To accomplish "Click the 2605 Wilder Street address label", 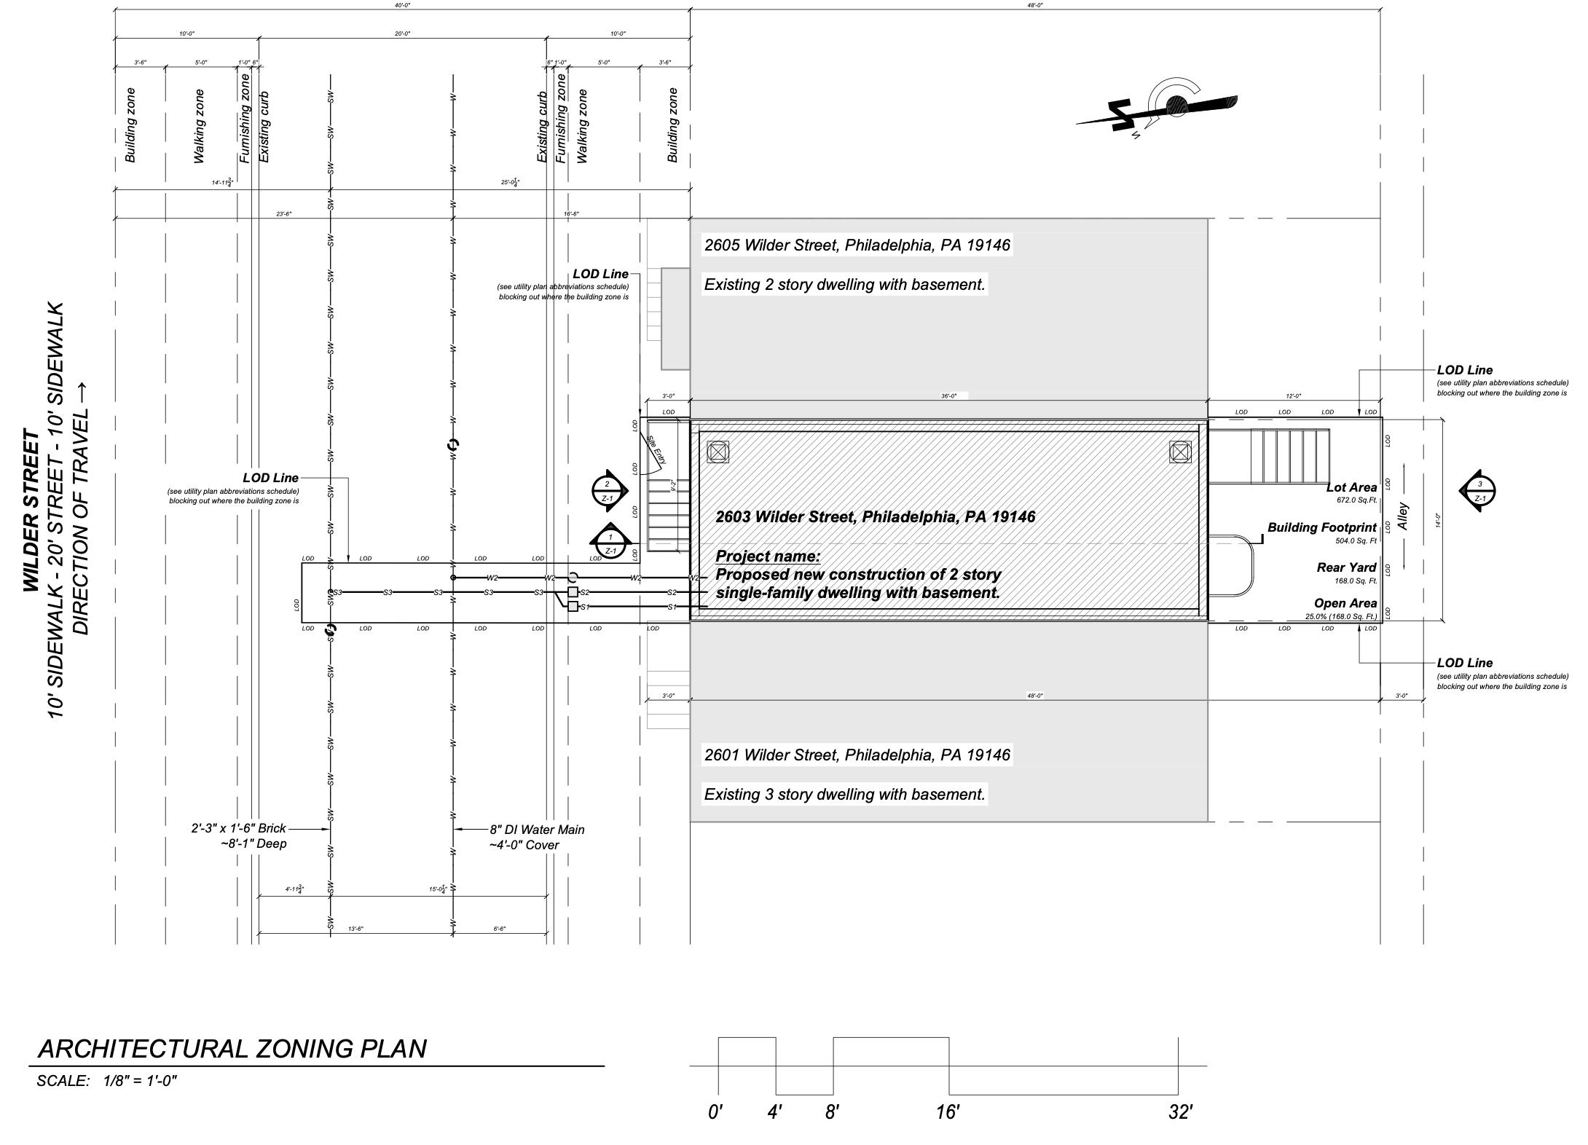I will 857,245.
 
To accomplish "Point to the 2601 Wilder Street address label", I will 857,755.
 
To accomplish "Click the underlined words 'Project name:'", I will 768,556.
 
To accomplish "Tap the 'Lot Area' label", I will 1352,488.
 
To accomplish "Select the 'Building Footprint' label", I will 1322,527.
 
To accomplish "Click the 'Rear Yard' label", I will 1346,567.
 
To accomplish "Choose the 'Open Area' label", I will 1345,603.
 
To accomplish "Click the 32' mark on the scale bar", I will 1179,1113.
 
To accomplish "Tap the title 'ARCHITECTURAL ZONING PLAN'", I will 232,1049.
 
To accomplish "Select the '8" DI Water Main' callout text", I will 537,830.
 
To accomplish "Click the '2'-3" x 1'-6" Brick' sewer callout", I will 239,828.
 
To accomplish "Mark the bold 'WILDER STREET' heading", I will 31,511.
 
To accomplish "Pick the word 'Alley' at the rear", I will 1404,516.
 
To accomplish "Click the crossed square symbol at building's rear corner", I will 1180,452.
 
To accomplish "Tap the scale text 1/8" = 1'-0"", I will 141,1081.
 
